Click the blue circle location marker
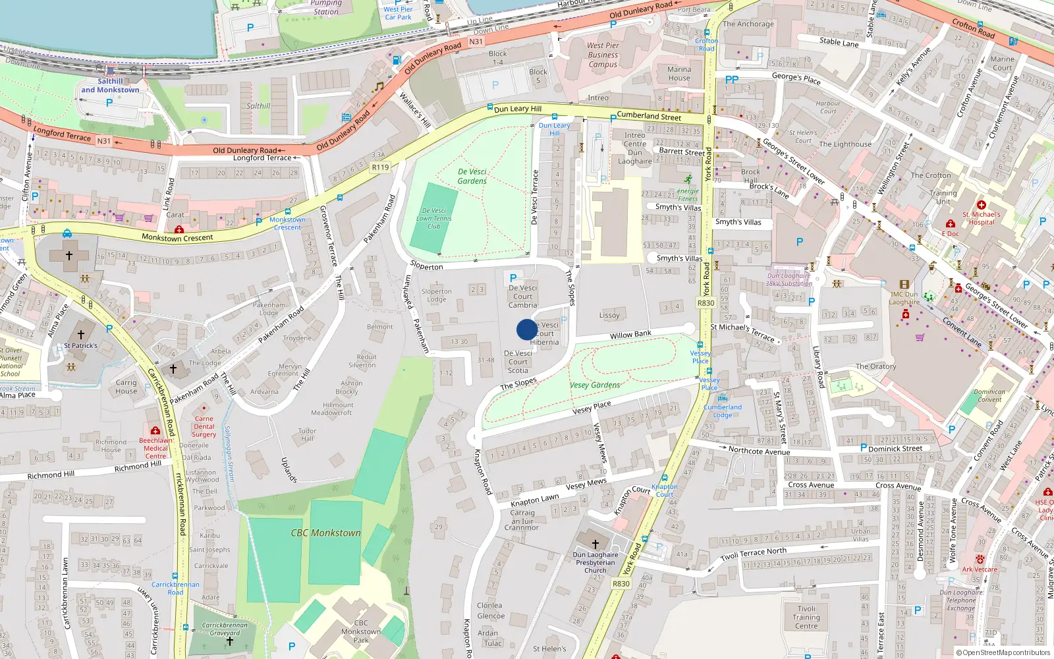coord(526,329)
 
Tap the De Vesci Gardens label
coord(472,176)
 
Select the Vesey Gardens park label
coord(595,385)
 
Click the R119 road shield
coord(380,167)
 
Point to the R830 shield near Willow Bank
coord(706,303)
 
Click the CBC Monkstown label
coord(326,532)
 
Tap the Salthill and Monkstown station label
coord(110,86)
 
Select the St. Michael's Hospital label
coord(981,218)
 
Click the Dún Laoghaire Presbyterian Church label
coord(596,562)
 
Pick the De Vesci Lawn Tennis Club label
coord(434,218)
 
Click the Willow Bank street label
coord(630,335)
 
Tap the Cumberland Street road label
coord(649,116)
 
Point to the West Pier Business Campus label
coord(603,55)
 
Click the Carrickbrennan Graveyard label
coord(225,629)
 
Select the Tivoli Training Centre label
coord(806,617)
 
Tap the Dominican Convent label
coord(989,395)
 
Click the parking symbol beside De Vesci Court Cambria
coord(513,278)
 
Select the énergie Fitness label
coord(688,195)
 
